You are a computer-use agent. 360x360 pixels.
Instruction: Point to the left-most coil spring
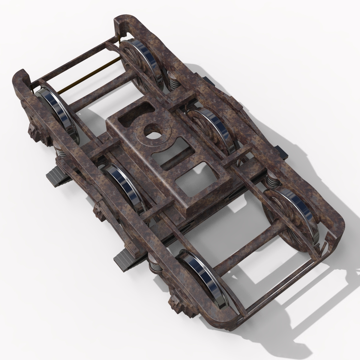point(60,150)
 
